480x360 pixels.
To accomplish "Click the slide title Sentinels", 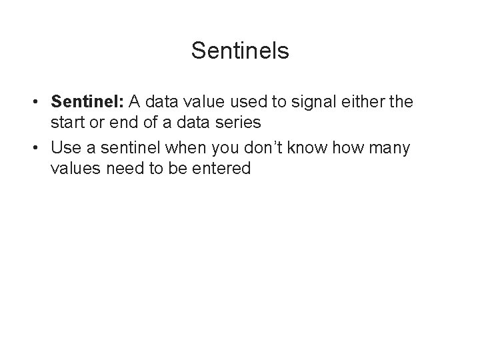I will (240, 51).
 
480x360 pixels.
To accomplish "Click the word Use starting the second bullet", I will (65, 147).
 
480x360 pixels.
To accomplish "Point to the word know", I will (320, 147).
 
